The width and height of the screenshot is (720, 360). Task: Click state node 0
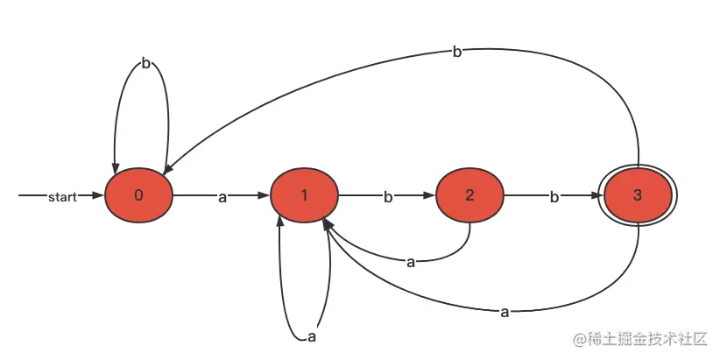(x=138, y=195)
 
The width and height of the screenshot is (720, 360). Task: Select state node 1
(x=304, y=195)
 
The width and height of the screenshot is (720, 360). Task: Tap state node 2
(x=470, y=195)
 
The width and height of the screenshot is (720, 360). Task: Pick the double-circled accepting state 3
(x=637, y=195)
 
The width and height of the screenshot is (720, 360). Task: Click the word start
(x=61, y=196)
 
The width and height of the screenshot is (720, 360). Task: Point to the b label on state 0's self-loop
(x=145, y=64)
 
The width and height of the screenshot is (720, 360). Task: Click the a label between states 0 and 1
(x=222, y=197)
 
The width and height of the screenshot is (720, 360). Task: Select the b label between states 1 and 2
(x=388, y=197)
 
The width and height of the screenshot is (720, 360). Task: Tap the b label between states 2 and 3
(x=554, y=197)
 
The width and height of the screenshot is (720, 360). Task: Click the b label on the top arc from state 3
(x=457, y=52)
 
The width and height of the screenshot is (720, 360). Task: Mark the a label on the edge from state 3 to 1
(x=505, y=311)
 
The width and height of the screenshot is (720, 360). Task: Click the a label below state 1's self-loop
(x=311, y=337)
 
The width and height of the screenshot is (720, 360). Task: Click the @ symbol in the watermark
(x=579, y=339)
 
